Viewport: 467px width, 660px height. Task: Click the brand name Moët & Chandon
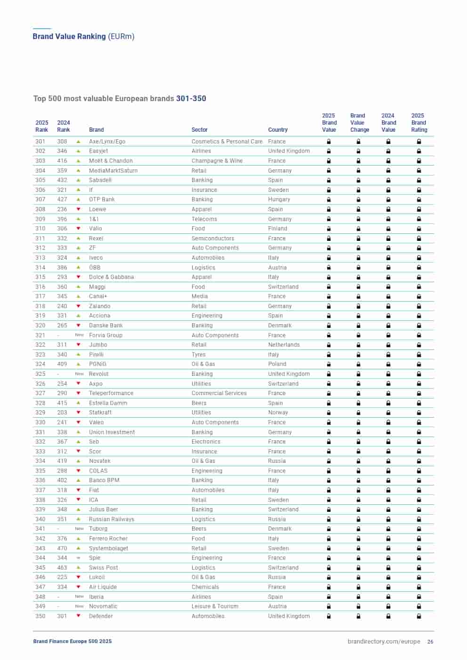tap(111, 161)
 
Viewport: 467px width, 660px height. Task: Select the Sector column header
tap(199, 130)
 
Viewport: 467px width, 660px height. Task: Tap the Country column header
tap(278, 130)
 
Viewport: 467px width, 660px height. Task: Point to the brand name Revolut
tap(98, 374)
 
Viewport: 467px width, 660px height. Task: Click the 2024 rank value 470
tap(62, 549)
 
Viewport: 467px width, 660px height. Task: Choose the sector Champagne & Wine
tap(217, 161)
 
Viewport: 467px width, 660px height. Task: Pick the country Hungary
tap(279, 199)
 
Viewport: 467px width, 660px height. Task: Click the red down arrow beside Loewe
tap(79, 209)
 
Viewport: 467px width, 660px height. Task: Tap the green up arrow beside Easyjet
tap(79, 151)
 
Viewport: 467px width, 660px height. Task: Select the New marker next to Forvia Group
tap(79, 335)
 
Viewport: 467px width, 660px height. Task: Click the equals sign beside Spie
tap(79, 558)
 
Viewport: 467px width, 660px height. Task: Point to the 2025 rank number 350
tap(40, 616)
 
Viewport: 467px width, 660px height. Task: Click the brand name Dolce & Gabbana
tap(111, 277)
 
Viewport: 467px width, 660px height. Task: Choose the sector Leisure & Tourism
tap(215, 606)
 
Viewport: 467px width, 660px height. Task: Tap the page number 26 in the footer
tap(430, 642)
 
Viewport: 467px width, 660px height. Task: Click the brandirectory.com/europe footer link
tap(384, 642)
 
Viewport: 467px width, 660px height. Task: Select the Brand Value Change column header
tap(359, 123)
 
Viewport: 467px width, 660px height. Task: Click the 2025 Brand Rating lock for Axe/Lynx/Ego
tap(419, 142)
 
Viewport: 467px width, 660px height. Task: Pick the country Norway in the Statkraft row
tap(278, 413)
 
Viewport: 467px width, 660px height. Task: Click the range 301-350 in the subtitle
tap(191, 99)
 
